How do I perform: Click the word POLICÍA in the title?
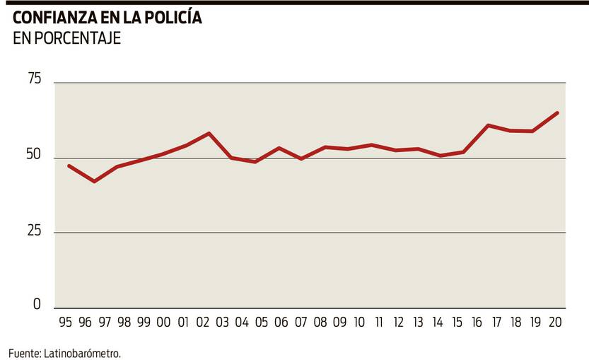pyautogui.click(x=167, y=18)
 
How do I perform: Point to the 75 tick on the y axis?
pyautogui.click(x=33, y=80)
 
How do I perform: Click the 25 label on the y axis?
pyautogui.click(x=33, y=231)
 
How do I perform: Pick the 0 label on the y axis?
pyautogui.click(x=37, y=305)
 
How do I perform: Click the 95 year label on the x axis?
pyautogui.click(x=66, y=323)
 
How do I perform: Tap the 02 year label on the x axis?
pyautogui.click(x=203, y=323)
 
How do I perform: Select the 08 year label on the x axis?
pyautogui.click(x=320, y=323)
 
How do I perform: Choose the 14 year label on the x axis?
pyautogui.click(x=438, y=323)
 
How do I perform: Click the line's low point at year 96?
pyautogui.click(x=93, y=182)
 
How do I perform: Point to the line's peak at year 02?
pyautogui.click(x=209, y=133)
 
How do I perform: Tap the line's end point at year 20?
pyautogui.click(x=558, y=112)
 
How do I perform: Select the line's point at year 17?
pyautogui.click(x=489, y=125)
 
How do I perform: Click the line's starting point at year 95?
pyautogui.click(x=69, y=166)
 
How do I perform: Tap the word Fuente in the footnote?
pyautogui.click(x=23, y=352)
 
